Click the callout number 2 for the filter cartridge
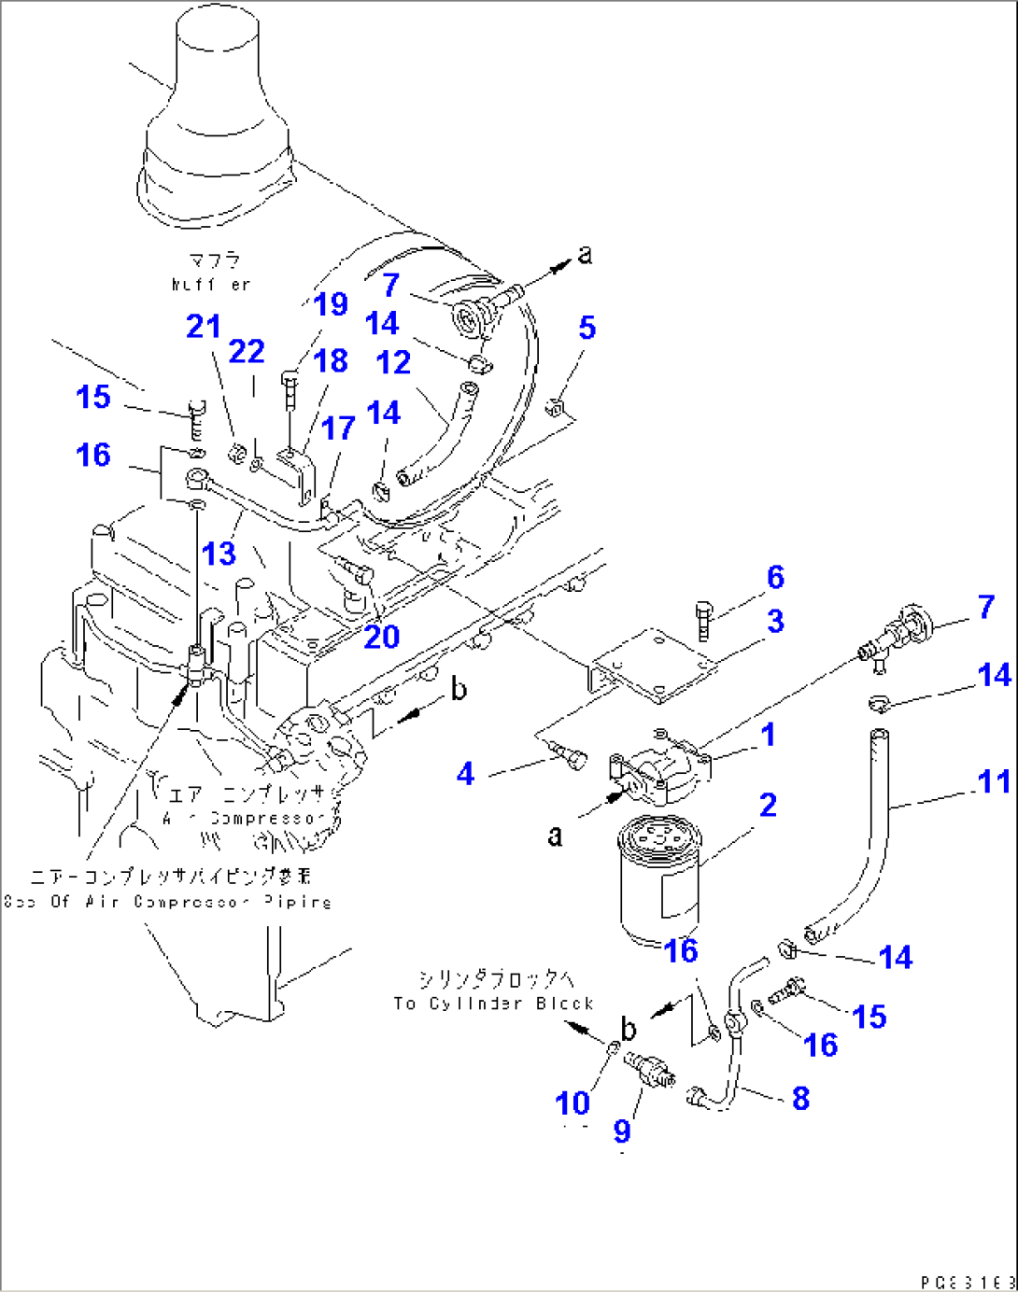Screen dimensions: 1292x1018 768,806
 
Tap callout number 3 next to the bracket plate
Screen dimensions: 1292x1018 775,622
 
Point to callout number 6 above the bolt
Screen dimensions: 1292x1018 776,578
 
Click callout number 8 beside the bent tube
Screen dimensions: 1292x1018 800,1099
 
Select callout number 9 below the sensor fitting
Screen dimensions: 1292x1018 622,1131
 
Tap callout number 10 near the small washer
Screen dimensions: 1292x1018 573,1103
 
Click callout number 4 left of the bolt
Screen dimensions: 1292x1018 465,774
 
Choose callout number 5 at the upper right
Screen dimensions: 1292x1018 587,328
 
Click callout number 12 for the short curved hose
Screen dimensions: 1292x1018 393,363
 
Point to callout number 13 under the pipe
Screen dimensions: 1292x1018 219,554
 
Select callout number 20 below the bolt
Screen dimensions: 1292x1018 381,638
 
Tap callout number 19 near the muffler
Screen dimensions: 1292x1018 331,304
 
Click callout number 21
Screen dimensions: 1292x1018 204,327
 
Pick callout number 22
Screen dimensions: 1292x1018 247,352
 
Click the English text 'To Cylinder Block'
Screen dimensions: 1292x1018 493,1004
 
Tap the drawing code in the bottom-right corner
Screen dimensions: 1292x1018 966,1283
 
